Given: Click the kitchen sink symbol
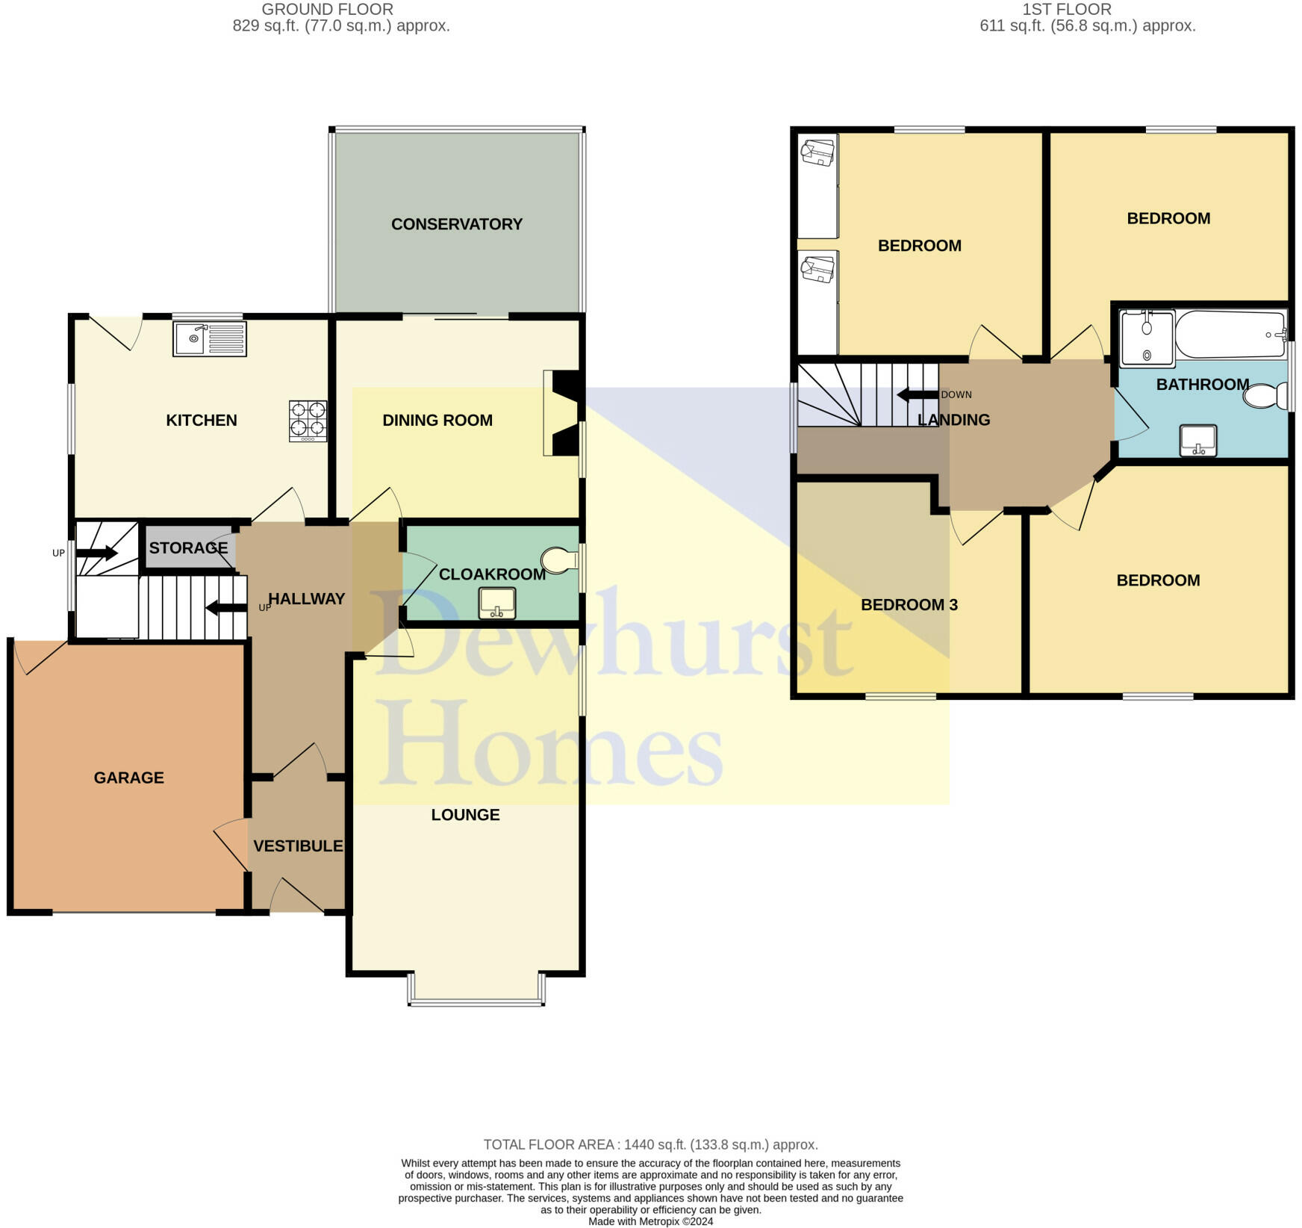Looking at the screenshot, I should (x=209, y=339).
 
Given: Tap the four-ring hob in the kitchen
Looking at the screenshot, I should (x=308, y=421).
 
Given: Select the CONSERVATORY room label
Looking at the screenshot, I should (x=456, y=224).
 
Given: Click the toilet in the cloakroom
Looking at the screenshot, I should (x=560, y=560).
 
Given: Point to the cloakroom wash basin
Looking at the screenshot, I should (x=496, y=604).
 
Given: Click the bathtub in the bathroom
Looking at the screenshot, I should (x=1230, y=335).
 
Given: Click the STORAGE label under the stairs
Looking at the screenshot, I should (x=188, y=548).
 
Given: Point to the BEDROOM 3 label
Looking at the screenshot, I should (x=909, y=604).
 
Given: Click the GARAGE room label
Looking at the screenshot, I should (x=128, y=778).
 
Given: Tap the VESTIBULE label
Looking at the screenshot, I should (x=298, y=846).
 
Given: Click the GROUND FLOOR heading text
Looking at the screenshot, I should (x=327, y=10).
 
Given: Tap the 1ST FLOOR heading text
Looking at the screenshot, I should (x=1066, y=10).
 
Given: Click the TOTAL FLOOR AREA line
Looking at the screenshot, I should (x=650, y=1144).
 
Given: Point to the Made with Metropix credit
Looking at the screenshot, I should (x=650, y=1221).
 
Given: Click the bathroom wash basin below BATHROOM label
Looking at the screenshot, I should (x=1197, y=440).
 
